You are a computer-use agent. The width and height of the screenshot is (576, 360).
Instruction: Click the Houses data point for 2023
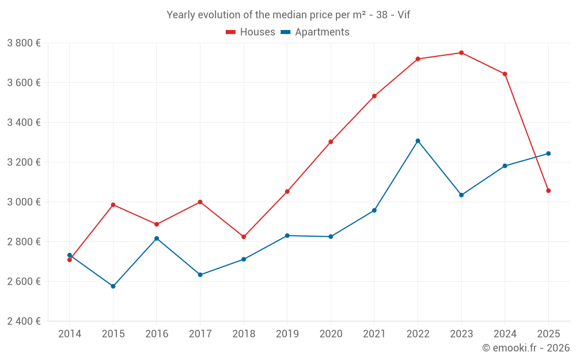(x=461, y=53)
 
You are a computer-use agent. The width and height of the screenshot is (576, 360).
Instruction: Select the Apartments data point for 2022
(x=418, y=141)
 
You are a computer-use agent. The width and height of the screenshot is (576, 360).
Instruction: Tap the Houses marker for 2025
(x=548, y=191)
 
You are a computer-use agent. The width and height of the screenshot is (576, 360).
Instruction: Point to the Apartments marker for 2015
(x=113, y=286)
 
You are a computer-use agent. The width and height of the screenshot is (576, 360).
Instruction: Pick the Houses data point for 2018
(x=244, y=237)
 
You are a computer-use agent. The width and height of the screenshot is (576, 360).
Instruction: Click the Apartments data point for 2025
(x=548, y=154)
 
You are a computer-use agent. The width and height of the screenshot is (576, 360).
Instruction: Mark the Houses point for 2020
(x=331, y=142)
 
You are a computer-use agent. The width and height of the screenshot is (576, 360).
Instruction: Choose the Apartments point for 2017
(x=200, y=275)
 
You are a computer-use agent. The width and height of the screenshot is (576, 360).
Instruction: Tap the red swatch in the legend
(x=230, y=32)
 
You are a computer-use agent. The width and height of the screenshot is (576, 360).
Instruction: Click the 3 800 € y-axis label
(x=24, y=43)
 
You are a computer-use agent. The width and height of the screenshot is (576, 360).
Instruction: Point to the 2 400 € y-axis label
(x=24, y=321)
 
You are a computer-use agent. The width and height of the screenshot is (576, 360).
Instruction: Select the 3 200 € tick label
(x=24, y=162)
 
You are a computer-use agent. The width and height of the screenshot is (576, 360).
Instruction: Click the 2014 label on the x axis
(x=70, y=334)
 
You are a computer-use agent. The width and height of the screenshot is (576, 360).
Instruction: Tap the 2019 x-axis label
(x=287, y=334)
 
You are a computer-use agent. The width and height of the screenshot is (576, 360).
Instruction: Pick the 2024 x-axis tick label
(x=505, y=334)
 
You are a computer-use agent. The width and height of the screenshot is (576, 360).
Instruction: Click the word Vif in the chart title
(x=403, y=15)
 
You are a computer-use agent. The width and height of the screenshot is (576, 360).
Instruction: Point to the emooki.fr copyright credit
(x=525, y=348)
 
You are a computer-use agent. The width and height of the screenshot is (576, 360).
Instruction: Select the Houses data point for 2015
(x=113, y=205)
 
